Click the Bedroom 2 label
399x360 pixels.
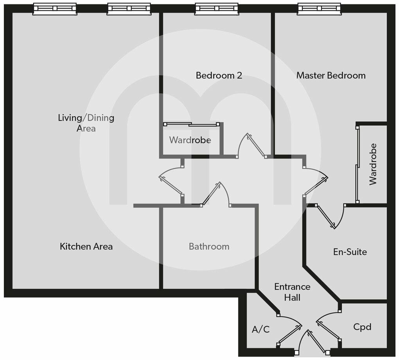point(219,75)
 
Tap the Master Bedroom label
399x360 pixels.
point(331,75)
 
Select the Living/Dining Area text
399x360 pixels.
point(86,122)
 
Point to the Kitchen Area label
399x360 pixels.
point(86,247)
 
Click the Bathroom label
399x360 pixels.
point(209,247)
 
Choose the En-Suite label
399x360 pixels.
point(350,252)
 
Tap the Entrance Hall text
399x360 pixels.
point(292,292)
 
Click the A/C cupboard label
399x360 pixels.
point(261,329)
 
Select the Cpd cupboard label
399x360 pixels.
point(362,326)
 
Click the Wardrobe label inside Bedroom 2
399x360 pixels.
point(190,140)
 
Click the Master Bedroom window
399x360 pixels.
point(319,8)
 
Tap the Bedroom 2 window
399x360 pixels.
point(217,8)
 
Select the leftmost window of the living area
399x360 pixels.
point(55,8)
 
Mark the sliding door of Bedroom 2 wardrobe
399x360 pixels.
point(191,124)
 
